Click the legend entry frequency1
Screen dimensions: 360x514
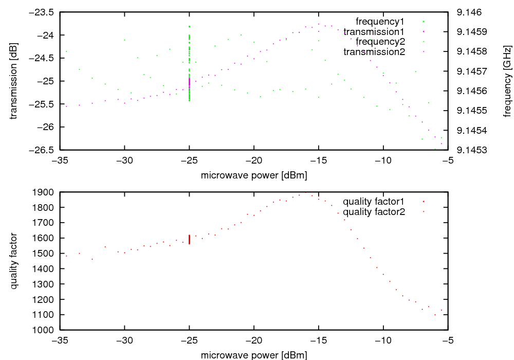(380, 22)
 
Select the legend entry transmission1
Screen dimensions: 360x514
(374, 32)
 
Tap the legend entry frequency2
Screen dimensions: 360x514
(380, 42)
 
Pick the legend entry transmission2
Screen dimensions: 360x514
(374, 52)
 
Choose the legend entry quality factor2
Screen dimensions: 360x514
(374, 211)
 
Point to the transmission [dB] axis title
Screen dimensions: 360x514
(14, 81)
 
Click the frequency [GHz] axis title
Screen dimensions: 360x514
(507, 81)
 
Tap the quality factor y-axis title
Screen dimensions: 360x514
(14, 261)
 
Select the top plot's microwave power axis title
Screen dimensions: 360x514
(254, 175)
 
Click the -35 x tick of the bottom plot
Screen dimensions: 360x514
(60, 340)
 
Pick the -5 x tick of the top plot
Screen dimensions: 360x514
(448, 160)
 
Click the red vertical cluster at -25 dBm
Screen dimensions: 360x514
(190, 240)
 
